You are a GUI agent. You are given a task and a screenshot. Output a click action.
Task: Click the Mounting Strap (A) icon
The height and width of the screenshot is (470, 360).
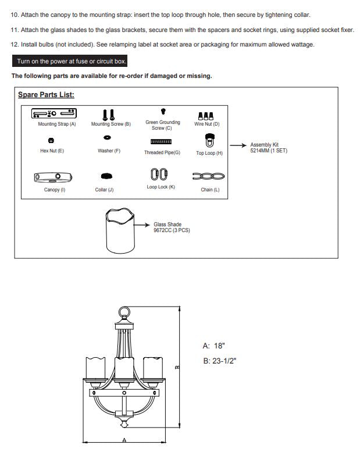54,113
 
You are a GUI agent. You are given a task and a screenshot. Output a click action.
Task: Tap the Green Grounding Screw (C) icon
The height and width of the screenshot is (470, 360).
163,112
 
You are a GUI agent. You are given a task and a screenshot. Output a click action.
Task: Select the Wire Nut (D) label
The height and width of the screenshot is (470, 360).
207,124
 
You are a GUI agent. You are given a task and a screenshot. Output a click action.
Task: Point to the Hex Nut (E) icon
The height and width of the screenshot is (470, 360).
51,140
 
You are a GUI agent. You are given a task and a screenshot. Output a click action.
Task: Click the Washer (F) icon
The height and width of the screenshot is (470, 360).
107,138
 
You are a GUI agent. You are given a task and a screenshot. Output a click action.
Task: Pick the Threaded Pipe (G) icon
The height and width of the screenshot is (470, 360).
161,141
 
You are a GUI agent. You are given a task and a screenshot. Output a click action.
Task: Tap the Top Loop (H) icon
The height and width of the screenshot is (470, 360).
209,140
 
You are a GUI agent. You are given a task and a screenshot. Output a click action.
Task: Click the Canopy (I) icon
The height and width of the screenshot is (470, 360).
53,177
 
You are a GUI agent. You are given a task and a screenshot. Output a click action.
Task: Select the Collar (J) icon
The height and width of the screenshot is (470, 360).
106,176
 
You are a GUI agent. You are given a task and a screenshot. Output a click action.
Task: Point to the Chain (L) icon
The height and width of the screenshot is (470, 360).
209,176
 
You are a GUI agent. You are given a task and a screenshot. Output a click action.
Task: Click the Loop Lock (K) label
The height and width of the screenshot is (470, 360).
161,187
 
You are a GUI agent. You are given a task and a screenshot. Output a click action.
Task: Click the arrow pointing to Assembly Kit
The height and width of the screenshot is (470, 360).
238,145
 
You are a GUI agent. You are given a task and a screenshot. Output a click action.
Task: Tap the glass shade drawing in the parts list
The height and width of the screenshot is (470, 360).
120,231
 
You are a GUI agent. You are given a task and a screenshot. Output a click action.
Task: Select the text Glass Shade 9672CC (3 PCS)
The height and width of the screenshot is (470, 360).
172,227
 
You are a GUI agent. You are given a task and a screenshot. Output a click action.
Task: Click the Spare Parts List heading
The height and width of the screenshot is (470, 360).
46,95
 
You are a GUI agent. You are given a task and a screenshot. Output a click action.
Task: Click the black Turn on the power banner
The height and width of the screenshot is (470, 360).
70,61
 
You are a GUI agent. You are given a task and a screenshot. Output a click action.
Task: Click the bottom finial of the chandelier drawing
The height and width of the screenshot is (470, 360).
124,424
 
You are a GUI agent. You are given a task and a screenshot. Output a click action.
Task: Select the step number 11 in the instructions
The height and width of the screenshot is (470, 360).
15,30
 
